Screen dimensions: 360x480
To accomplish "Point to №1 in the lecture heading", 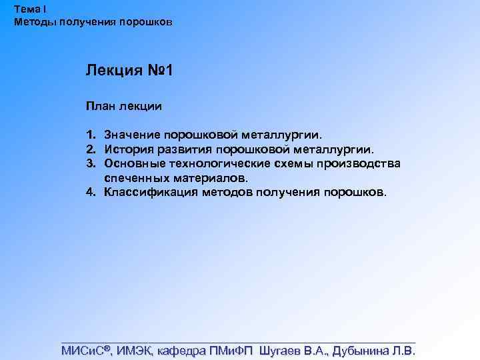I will [x=161, y=70].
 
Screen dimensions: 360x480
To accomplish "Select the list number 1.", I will [x=90, y=135].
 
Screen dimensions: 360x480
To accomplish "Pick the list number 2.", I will [x=90, y=149].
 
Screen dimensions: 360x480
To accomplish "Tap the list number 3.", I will [x=90, y=164].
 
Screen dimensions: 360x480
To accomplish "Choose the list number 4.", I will [x=90, y=193].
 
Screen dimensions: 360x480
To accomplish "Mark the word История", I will [x=129, y=149].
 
